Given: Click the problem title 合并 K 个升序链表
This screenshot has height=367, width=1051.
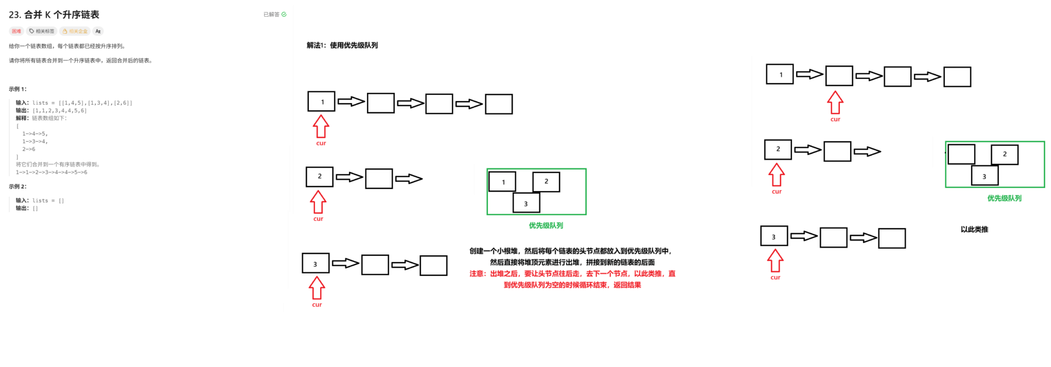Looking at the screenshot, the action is (x=62, y=15).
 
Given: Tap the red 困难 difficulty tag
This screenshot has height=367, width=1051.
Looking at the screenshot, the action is (x=16, y=31).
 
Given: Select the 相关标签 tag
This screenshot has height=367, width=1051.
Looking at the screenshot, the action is (x=42, y=31).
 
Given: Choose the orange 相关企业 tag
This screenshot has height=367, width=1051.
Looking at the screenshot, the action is (x=75, y=31).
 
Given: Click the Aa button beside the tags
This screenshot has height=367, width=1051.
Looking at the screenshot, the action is (x=98, y=31).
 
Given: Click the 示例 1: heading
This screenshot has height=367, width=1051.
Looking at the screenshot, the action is (x=18, y=89).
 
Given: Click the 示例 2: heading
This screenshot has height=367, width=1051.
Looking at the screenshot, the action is (x=18, y=186).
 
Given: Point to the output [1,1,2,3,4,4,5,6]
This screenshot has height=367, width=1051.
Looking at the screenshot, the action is (x=60, y=111).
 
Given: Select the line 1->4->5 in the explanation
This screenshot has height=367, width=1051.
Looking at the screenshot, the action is (x=35, y=134).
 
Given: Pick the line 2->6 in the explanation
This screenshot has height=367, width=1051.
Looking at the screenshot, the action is (x=29, y=149).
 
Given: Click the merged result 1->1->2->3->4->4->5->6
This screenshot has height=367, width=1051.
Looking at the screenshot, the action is (x=51, y=172).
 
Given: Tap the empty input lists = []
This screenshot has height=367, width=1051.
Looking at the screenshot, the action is (x=48, y=201).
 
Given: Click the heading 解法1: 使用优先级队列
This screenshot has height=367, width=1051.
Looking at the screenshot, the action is (x=342, y=45).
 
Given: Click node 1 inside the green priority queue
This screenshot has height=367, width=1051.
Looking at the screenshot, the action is (x=502, y=182).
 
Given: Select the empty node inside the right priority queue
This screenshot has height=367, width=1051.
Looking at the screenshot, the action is (x=961, y=154).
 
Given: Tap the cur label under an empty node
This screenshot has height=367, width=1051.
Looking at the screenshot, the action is (x=835, y=120).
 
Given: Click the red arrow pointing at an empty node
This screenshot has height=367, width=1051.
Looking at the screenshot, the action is (x=835, y=103).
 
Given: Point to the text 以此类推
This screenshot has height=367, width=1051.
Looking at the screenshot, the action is (x=974, y=229).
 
